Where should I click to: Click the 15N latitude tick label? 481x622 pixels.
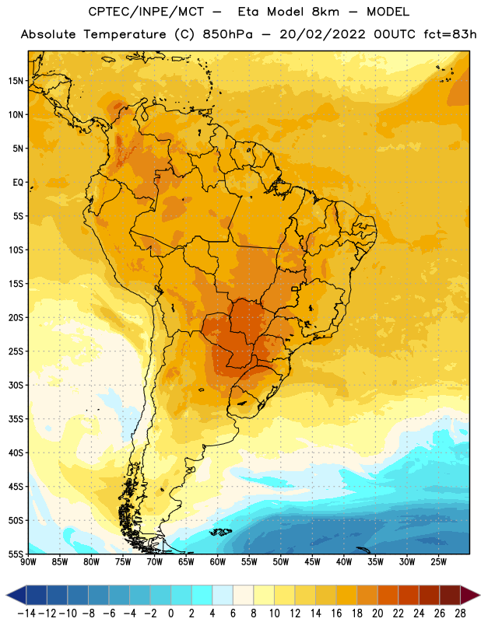16,81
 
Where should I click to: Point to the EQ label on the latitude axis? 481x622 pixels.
18,183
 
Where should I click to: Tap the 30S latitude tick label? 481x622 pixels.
16,385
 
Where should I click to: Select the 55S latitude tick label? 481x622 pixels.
16,554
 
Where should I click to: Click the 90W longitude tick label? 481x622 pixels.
28,562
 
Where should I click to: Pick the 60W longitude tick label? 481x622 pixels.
218,562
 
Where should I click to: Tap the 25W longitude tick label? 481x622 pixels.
438,562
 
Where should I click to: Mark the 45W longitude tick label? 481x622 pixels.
312,562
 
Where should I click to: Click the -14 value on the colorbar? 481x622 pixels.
27,613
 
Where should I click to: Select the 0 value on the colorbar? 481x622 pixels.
170,613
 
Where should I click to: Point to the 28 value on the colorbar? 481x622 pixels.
460,613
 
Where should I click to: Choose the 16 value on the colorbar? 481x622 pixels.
336,613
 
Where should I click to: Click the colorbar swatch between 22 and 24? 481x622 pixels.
409,595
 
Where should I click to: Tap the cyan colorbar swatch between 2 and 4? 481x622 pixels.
202,595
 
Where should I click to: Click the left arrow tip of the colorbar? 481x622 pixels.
6,595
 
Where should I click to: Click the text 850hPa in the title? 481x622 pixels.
227,35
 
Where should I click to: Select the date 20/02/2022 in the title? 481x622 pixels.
322,35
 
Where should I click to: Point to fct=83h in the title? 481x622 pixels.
450,35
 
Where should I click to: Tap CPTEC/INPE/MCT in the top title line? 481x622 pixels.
146,12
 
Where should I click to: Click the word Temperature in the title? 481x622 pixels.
125,35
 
